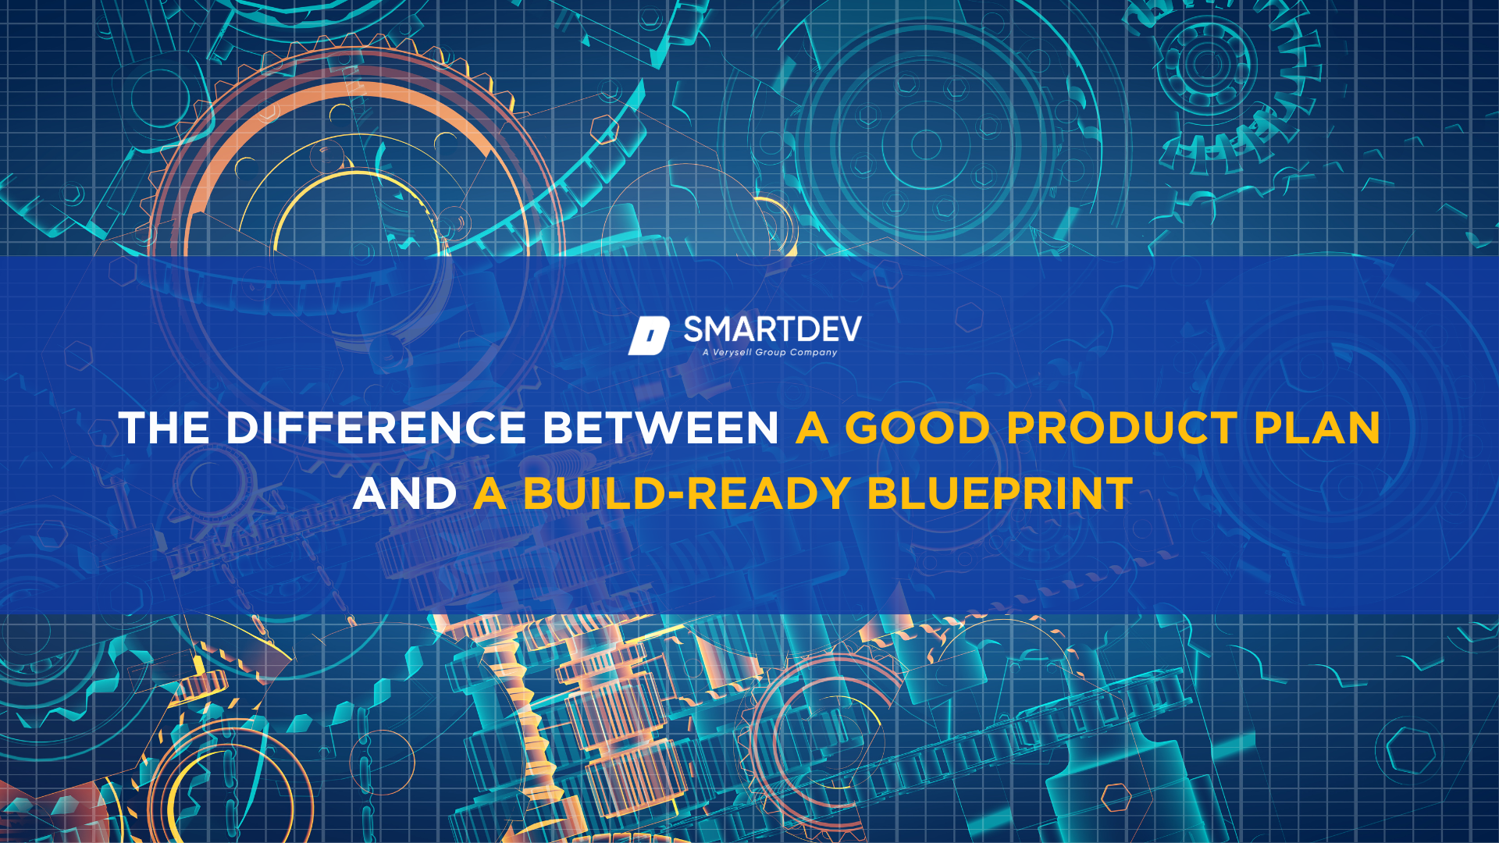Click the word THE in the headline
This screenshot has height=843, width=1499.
pyautogui.click(x=164, y=429)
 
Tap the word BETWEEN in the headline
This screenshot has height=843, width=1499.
pyautogui.click(x=660, y=429)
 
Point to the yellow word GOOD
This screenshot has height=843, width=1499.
pyautogui.click(x=917, y=429)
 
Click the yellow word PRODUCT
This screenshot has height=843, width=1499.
pyautogui.click(x=1121, y=429)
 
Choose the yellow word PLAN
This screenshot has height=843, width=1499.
pyautogui.click(x=1317, y=429)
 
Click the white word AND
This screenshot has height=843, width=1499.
pyautogui.click(x=404, y=494)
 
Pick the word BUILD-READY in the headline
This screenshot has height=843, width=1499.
pyautogui.click(x=686, y=494)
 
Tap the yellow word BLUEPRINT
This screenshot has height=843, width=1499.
pyautogui.click(x=1000, y=494)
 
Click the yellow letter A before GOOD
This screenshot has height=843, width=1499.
pyautogui.click(x=812, y=429)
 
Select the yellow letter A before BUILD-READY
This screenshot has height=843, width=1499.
pyautogui.click(x=490, y=494)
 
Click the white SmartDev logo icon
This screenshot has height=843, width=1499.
pyautogui.click(x=649, y=336)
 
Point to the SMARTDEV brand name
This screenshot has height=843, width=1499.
pyautogui.click(x=772, y=329)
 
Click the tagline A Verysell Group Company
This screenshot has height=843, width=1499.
pyautogui.click(x=770, y=353)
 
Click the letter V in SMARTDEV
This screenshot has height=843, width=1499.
pyautogui.click(x=849, y=329)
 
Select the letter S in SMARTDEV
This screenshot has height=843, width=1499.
pyautogui.click(x=694, y=329)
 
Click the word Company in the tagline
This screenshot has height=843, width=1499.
pyautogui.click(x=814, y=353)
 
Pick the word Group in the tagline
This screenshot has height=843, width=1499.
pyautogui.click(x=771, y=353)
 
